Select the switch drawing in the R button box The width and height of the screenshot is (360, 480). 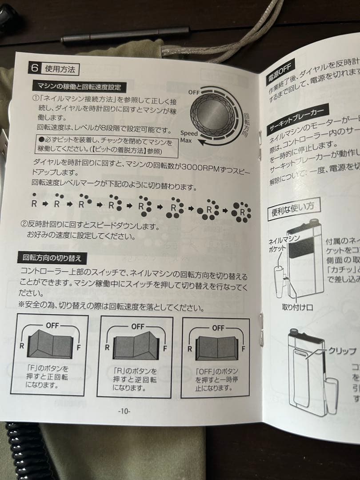(134, 346)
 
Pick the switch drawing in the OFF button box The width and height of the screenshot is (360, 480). (217, 346)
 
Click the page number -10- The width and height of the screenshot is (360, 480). (124, 412)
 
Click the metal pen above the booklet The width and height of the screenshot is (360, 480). (124, 35)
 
